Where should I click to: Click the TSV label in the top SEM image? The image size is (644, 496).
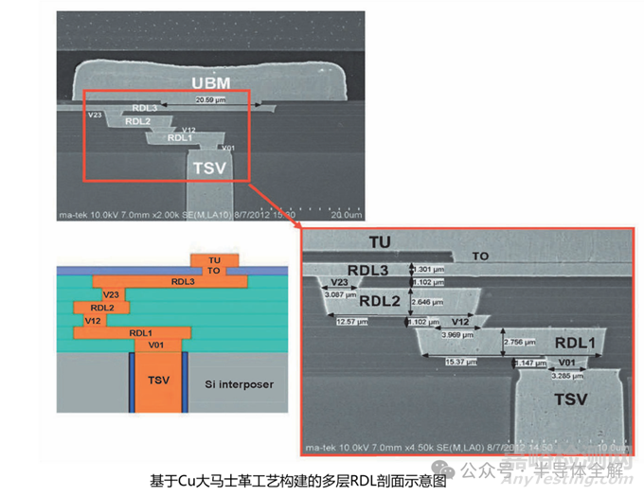(209, 168)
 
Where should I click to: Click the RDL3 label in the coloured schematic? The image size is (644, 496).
(183, 281)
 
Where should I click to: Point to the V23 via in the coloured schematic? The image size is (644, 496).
(111, 294)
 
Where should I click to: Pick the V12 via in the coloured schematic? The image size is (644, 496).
(93, 320)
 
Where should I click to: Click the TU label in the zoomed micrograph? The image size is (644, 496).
(353, 241)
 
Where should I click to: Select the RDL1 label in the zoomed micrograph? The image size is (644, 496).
(574, 343)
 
